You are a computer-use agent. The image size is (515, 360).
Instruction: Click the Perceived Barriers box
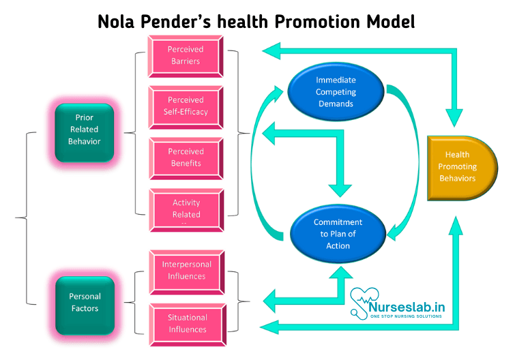[186, 55]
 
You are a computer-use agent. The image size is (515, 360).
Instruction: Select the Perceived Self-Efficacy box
[186, 106]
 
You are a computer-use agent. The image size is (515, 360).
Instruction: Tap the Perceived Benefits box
[186, 157]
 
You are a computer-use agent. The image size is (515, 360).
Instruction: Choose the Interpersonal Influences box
[186, 270]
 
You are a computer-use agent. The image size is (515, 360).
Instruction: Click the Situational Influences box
[186, 322]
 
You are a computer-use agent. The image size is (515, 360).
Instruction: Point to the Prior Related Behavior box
[84, 129]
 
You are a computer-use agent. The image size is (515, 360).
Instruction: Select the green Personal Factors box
[85, 302]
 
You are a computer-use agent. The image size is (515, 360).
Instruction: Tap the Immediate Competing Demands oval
[336, 91]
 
